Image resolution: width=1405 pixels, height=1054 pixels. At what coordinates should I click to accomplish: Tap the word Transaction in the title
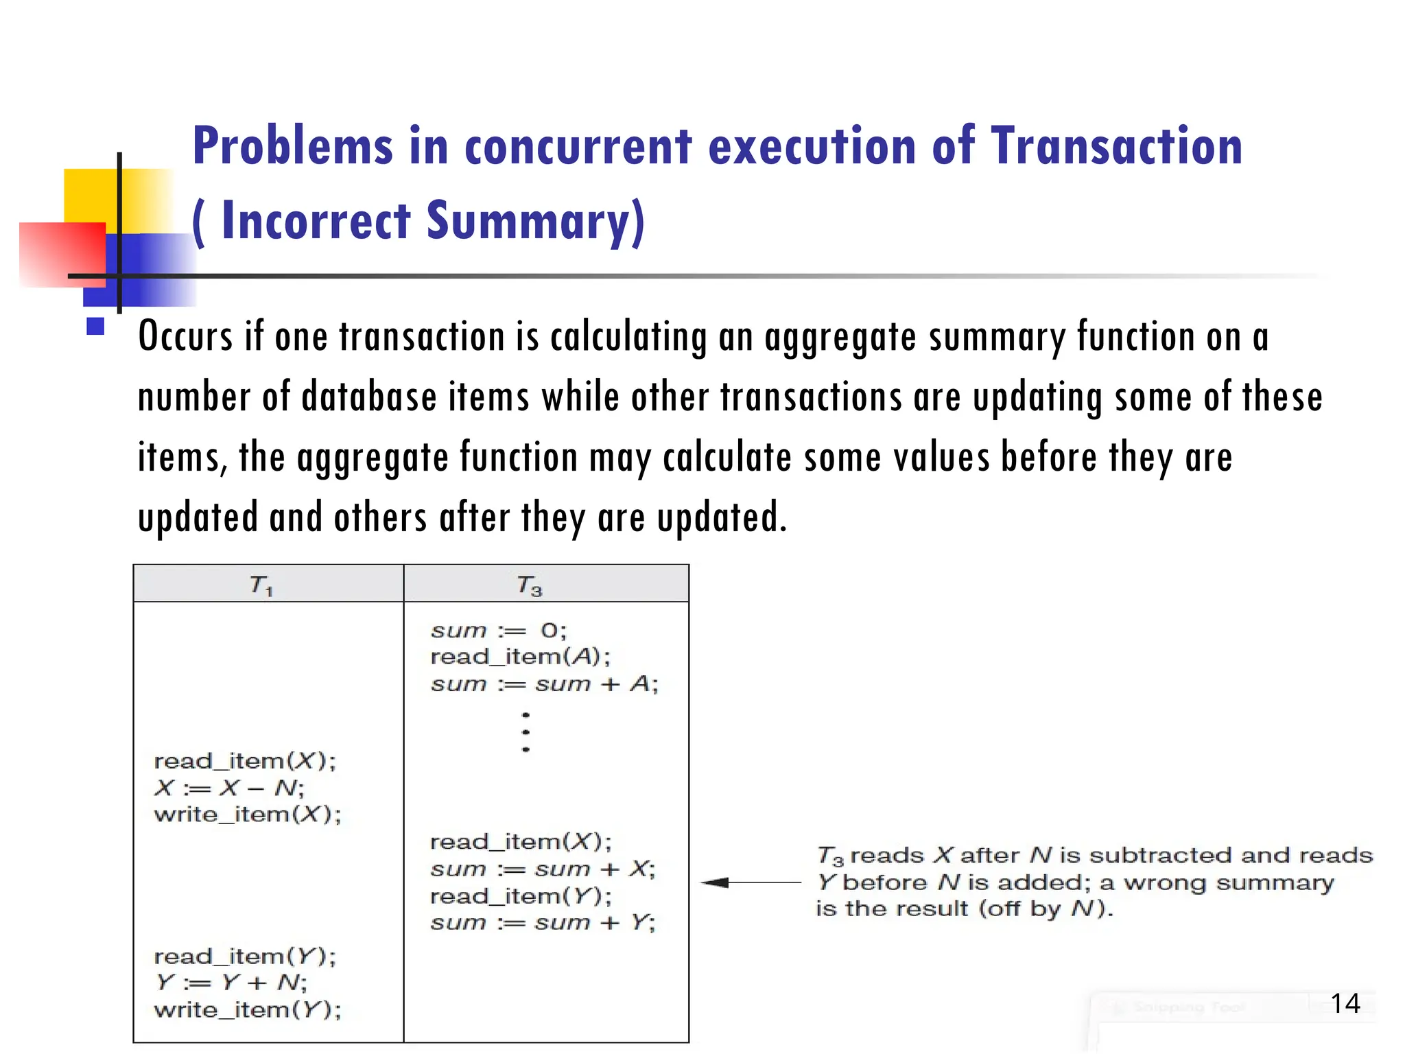[1116, 146]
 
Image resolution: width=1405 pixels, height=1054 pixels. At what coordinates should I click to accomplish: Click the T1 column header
[261, 585]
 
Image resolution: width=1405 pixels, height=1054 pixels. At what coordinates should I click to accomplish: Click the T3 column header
[529, 585]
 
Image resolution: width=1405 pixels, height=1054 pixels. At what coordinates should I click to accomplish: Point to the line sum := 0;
[498, 631]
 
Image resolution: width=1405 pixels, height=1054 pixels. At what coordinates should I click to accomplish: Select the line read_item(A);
[519, 657]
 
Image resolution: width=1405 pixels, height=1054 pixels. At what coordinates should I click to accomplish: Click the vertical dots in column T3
[526, 732]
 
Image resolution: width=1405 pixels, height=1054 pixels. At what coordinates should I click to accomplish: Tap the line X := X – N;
[229, 788]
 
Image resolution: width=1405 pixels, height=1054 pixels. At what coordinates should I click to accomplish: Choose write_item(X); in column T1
[247, 815]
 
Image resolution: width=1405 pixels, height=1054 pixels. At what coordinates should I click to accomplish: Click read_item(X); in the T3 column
[520, 841]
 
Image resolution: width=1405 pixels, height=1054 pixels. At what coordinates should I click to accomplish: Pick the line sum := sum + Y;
[543, 922]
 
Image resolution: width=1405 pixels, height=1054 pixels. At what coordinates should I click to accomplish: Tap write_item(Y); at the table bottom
[247, 1010]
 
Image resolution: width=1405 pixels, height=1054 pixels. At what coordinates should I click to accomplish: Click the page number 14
[1345, 1003]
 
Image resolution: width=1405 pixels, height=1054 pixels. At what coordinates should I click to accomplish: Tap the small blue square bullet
[95, 326]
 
